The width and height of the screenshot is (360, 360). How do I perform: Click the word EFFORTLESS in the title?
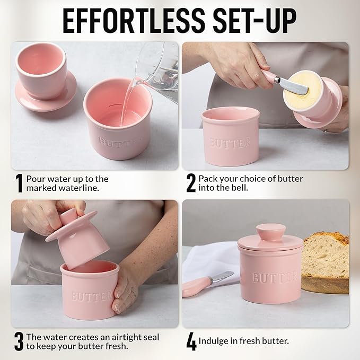pos(134,22)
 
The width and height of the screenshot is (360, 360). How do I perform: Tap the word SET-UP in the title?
pos(256,22)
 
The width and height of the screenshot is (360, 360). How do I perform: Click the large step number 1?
pos(19,183)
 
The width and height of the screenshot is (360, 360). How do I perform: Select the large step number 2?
pos(191,183)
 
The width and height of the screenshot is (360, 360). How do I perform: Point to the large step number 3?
pos(19,341)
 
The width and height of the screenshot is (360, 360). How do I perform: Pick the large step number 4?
pos(191,341)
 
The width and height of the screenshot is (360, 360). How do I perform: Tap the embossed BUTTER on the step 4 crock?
pos(274,278)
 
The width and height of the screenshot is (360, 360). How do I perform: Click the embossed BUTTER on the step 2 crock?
pos(230,143)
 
